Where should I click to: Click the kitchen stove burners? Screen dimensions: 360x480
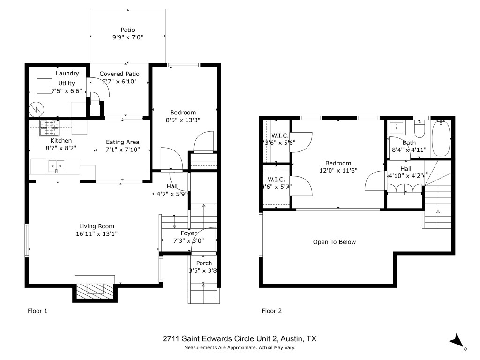50,125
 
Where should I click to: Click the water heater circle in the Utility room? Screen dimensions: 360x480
36,110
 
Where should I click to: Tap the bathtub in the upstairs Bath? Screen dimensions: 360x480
441,138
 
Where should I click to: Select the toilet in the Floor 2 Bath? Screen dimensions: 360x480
420,128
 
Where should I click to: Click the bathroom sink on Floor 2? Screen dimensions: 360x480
397,127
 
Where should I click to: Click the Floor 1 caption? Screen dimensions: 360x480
37,311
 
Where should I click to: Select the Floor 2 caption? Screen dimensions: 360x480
271,311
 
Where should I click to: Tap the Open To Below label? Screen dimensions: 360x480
334,242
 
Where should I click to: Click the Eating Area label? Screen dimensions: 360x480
123,142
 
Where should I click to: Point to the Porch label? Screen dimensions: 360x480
204,263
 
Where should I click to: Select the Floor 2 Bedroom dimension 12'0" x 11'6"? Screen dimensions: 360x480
338,171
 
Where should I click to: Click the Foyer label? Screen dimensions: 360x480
189,233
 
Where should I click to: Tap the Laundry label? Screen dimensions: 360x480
67,74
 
